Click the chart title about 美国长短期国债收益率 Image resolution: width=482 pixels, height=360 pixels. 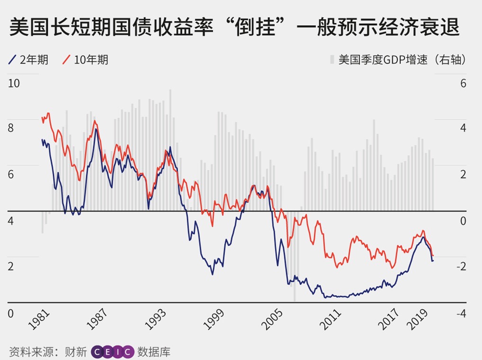[234, 28]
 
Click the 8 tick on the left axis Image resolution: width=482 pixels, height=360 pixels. [12, 129]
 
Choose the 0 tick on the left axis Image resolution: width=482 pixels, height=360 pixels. [12, 314]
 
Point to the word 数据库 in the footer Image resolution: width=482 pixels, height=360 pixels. [154, 352]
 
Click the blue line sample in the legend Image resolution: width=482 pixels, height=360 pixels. [13, 60]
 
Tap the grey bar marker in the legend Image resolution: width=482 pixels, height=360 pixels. [332, 60]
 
